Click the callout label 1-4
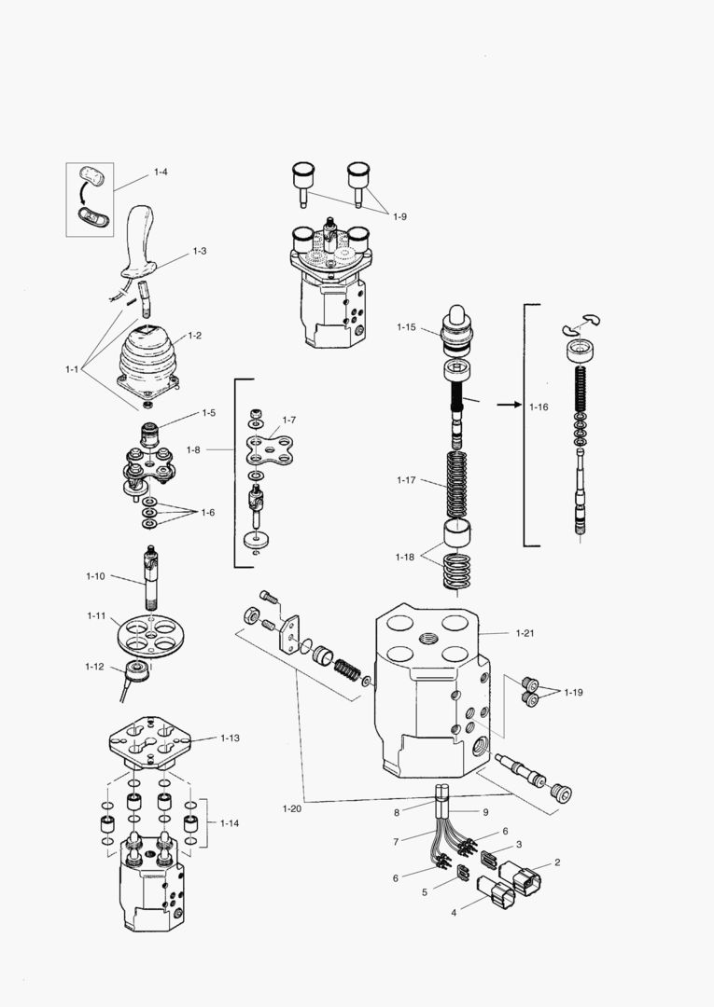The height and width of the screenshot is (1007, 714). [161, 172]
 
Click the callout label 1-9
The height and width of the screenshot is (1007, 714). [399, 216]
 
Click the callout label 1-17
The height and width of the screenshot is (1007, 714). [406, 480]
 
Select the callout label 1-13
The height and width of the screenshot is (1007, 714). [230, 738]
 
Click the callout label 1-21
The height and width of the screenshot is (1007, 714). [525, 633]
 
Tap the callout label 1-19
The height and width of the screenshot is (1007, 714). [573, 692]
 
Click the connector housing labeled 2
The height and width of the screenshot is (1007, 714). [519, 879]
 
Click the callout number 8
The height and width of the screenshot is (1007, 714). [423, 812]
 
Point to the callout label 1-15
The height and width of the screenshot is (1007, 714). [406, 327]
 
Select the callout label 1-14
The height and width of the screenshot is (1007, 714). [230, 822]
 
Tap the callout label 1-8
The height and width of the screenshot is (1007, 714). [193, 449]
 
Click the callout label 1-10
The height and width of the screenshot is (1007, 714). [96, 577]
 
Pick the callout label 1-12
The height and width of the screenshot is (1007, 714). [94, 666]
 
